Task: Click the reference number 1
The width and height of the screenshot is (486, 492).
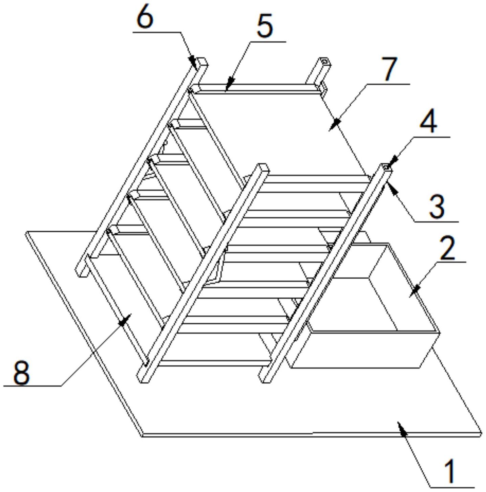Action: [x=449, y=470]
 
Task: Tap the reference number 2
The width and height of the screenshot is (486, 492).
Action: [x=448, y=248]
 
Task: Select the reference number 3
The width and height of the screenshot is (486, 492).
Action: [x=437, y=207]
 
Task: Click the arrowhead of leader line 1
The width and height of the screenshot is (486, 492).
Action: [x=400, y=424]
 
